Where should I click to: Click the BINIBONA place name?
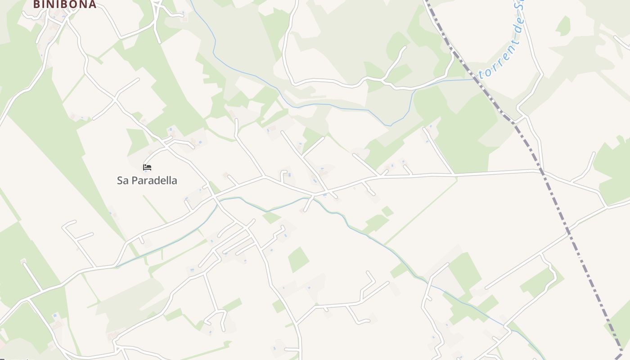pyautogui.click(x=65, y=4)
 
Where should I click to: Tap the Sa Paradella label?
pyautogui.click(x=147, y=180)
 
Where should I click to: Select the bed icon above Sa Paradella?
pyautogui.click(x=147, y=167)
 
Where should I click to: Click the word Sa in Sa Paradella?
pyautogui.click(x=122, y=180)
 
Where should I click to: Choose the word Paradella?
pyautogui.click(x=153, y=180)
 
